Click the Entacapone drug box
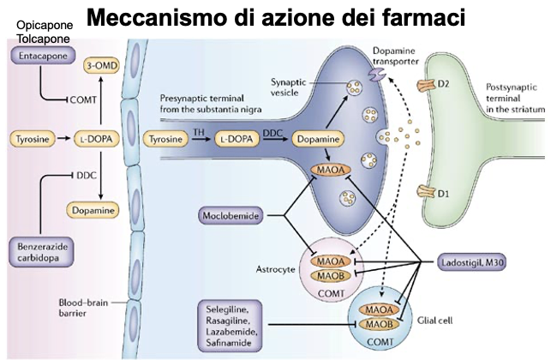tap(43, 56)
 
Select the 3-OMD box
tap(102, 66)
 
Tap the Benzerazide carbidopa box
tap(41, 252)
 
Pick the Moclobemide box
tap(231, 215)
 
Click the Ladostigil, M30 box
tap(472, 262)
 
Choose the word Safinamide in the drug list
tap(229, 343)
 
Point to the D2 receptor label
tap(443, 84)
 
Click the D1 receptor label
tap(443, 194)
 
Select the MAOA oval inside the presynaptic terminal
tap(331, 170)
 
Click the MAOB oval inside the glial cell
tap(380, 324)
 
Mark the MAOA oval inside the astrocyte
tap(331, 261)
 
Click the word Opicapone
tap(45, 25)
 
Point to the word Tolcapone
tap(44, 39)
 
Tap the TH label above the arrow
tap(199, 132)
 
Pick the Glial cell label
tap(434, 321)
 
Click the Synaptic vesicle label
tap(288, 87)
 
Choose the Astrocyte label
tap(276, 269)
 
